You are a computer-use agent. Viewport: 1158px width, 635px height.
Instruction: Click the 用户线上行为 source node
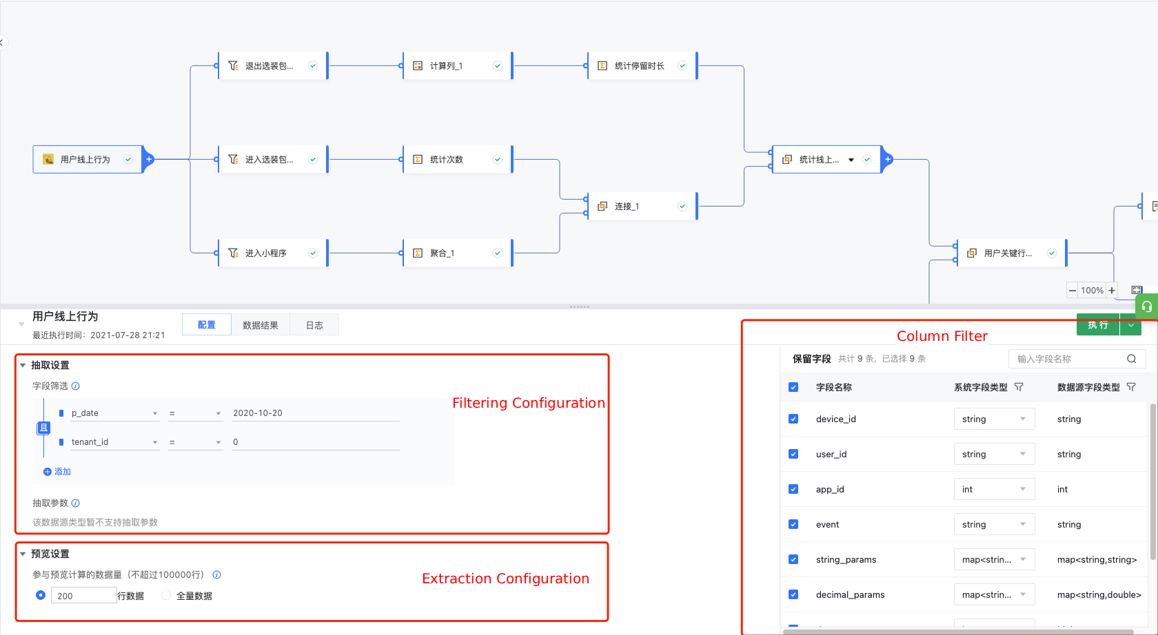[x=88, y=159]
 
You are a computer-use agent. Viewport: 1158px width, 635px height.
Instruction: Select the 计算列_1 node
[x=458, y=65]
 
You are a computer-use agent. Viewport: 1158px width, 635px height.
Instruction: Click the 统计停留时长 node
[x=642, y=65]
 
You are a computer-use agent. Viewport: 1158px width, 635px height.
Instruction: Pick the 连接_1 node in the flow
[x=642, y=206]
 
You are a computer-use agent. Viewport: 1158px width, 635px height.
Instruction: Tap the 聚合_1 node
[x=458, y=253]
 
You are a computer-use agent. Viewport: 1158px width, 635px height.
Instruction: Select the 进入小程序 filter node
[x=273, y=253]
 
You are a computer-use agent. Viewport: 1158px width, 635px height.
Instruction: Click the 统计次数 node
[x=458, y=159]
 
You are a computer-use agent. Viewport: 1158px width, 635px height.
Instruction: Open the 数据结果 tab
[x=261, y=325]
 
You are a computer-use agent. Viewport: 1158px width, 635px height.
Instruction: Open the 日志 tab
[x=314, y=325]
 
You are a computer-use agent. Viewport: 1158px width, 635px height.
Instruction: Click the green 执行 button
[x=1097, y=325]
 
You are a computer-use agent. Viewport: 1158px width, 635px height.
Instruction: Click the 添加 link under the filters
[x=57, y=472]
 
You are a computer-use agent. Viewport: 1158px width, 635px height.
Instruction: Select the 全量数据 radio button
[x=166, y=595]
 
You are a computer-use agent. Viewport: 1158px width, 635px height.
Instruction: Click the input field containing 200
[x=83, y=595]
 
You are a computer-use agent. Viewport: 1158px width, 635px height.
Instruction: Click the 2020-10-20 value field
[x=316, y=413]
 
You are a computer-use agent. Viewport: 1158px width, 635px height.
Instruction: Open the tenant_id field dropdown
[x=114, y=442]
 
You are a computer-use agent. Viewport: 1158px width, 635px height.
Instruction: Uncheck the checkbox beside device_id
[x=793, y=419]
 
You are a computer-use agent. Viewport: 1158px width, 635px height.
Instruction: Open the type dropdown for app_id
[x=994, y=489]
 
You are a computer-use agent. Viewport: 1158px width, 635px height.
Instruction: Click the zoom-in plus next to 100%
[x=1112, y=291]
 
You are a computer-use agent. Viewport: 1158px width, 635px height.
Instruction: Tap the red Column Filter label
[x=942, y=336]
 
